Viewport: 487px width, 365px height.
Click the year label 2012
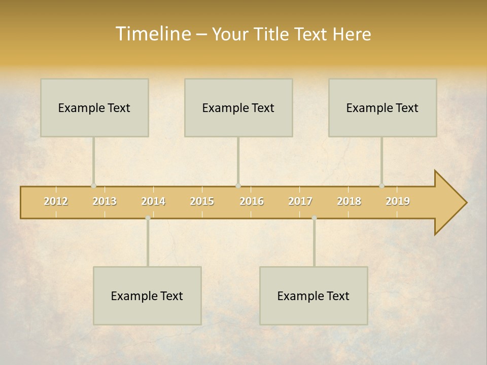coord(56,201)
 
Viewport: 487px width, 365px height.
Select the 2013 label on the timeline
coord(105,201)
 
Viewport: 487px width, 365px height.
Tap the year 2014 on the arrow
coord(153,201)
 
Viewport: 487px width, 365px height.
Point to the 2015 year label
coord(202,201)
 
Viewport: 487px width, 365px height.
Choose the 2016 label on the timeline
coord(252,201)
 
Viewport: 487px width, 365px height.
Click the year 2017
coord(300,201)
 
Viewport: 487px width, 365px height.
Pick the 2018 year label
coord(349,201)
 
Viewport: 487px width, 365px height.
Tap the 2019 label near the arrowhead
coord(398,201)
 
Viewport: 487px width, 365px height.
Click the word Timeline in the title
coord(153,34)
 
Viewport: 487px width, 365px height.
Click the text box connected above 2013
coord(94,107)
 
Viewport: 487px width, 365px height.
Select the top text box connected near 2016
coord(238,107)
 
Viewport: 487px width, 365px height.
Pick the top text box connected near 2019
coord(382,107)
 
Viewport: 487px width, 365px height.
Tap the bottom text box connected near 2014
coord(147,296)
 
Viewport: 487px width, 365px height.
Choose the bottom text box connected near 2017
coord(314,296)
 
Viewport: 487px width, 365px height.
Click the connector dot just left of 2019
coord(382,186)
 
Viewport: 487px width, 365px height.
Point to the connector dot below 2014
coord(148,218)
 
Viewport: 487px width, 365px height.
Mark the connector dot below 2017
coord(314,218)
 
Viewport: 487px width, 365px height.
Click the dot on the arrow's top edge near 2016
coord(238,186)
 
